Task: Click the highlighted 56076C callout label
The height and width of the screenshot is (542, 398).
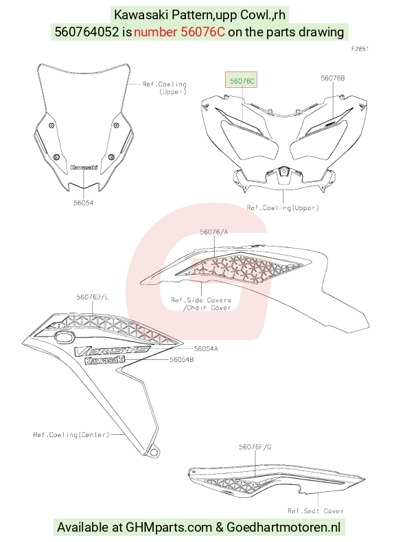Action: (242, 80)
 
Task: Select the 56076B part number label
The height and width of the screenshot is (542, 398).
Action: (332, 78)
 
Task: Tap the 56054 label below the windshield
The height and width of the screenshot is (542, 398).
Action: (83, 203)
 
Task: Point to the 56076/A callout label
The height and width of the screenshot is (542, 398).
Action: (213, 232)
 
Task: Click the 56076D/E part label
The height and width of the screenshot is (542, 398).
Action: (92, 297)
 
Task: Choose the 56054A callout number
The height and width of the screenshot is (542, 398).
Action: (206, 349)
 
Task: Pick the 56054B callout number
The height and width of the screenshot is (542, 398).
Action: (182, 359)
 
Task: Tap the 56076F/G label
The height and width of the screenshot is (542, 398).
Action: (255, 447)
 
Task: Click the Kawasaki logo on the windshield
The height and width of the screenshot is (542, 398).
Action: (84, 168)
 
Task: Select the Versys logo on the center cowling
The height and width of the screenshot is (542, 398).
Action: (113, 350)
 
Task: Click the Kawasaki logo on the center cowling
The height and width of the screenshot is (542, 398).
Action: (104, 360)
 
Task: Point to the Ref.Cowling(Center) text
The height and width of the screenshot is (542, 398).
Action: (71, 435)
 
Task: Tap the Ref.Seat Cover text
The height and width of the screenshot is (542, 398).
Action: (316, 510)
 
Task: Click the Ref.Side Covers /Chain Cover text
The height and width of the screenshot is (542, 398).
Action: (201, 304)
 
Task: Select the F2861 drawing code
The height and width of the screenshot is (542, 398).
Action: (360, 49)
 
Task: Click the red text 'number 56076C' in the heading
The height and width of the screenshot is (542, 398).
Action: (179, 32)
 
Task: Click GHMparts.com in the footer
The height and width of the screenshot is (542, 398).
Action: (168, 528)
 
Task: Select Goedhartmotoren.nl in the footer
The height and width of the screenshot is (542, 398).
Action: (283, 528)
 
